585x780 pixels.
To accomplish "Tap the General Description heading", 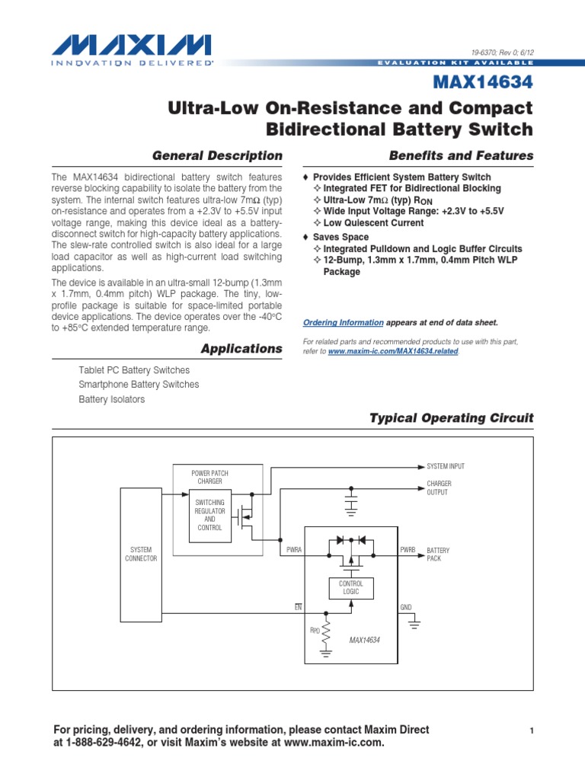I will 217,155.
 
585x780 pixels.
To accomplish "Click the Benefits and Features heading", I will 461,155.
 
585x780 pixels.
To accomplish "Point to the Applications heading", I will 241,348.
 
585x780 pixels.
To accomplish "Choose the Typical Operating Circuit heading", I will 451,417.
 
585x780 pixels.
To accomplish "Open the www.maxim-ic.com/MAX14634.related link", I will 394,352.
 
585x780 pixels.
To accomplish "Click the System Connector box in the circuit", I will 141,554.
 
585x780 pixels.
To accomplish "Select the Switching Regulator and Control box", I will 209,516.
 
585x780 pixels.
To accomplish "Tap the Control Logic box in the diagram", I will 351,587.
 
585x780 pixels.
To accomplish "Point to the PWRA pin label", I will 294,549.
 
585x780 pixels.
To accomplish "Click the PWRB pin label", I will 408,549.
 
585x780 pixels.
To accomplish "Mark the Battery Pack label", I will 439,554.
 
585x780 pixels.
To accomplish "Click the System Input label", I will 446,466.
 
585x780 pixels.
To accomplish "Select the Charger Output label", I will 439,487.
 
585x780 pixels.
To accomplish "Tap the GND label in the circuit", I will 405,607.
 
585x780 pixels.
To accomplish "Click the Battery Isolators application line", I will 111,399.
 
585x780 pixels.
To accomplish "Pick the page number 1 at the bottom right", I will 533,731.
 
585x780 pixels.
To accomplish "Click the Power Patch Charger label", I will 209,477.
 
